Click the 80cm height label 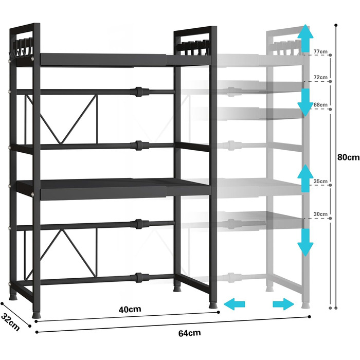pyautogui.click(x=348, y=157)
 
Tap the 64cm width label pyautogui.click(x=189, y=333)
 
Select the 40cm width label pyautogui.click(x=130, y=309)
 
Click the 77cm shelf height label pyautogui.click(x=320, y=51)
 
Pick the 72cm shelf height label pyautogui.click(x=320, y=77)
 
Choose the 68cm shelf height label pyautogui.click(x=320, y=105)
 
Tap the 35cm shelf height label pyautogui.click(x=320, y=181)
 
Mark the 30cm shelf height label pyautogui.click(x=320, y=214)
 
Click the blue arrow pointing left pyautogui.click(x=235, y=304)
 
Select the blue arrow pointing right pyautogui.click(x=283, y=304)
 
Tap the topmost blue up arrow pyautogui.click(x=305, y=38)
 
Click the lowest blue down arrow pyautogui.click(x=305, y=242)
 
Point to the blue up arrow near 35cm pyautogui.click(x=305, y=178)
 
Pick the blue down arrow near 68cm pyautogui.click(x=305, y=102)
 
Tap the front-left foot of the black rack pyautogui.click(x=36, y=314)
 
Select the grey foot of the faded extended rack pyautogui.click(x=305, y=305)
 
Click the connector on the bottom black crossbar pyautogui.click(x=138, y=278)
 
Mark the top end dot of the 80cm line pyautogui.click(x=336, y=25)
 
